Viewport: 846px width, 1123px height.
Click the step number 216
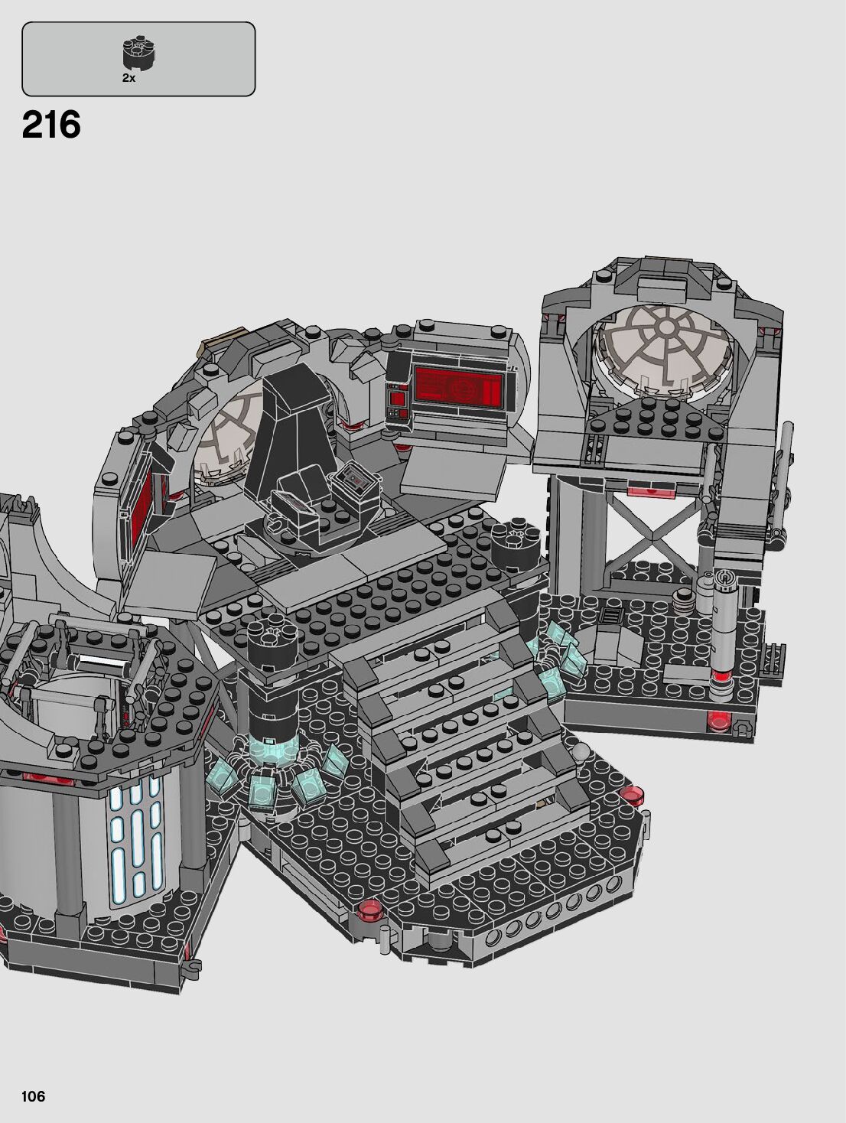[x=51, y=125]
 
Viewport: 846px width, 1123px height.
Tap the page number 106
[x=33, y=1096]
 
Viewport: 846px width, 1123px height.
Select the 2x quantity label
[x=129, y=78]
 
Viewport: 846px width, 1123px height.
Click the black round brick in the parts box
[x=138, y=54]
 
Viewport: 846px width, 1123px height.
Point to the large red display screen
[x=457, y=384]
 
